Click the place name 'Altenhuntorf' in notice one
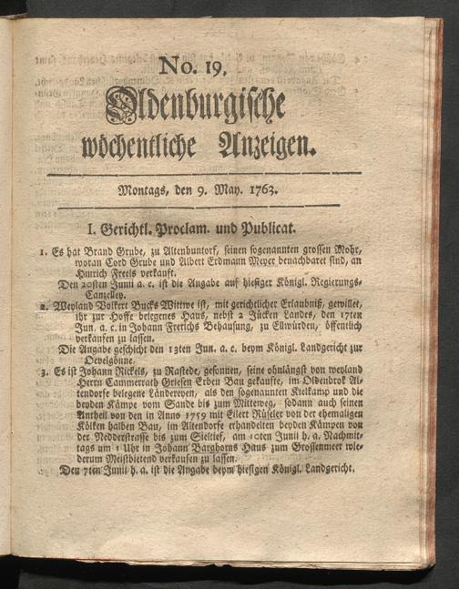click(194, 249)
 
